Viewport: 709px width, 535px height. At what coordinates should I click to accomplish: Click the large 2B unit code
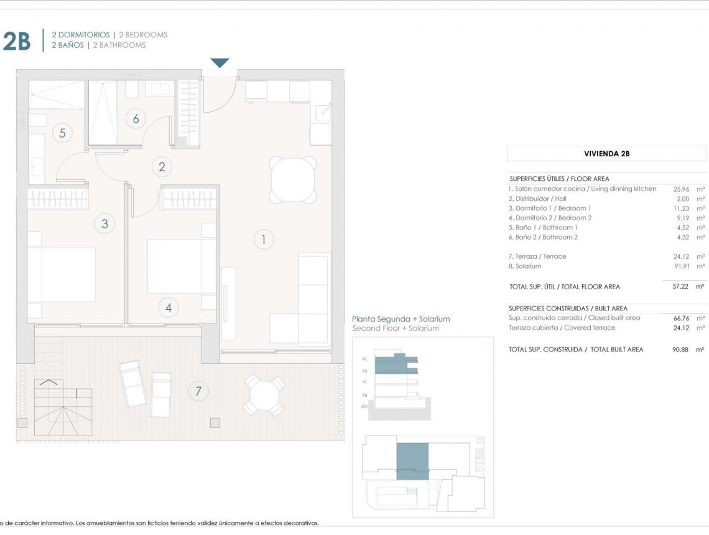coord(17,40)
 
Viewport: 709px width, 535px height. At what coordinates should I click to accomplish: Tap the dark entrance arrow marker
coord(220,63)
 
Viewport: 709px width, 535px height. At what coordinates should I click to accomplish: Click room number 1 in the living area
coord(264,239)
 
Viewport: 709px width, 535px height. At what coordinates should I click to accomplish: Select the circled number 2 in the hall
coord(162,167)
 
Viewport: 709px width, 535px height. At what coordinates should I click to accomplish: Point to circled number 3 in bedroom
coord(104,224)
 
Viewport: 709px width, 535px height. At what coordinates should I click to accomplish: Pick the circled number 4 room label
coord(168,307)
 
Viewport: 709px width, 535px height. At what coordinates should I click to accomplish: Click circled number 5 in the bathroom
coord(62,132)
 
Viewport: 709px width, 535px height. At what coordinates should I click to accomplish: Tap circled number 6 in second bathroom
coord(136,118)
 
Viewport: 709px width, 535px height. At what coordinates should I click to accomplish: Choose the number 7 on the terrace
coord(198,391)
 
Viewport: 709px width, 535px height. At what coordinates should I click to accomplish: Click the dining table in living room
coord(293,180)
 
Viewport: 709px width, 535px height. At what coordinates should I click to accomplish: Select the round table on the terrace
coord(264,394)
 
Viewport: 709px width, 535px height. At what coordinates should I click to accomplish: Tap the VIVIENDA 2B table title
coord(606,154)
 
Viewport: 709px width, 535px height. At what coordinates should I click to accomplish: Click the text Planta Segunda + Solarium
coord(401,319)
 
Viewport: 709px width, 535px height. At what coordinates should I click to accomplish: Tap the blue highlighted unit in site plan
coord(412,461)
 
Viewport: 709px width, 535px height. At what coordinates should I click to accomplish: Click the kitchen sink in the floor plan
coord(322,113)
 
